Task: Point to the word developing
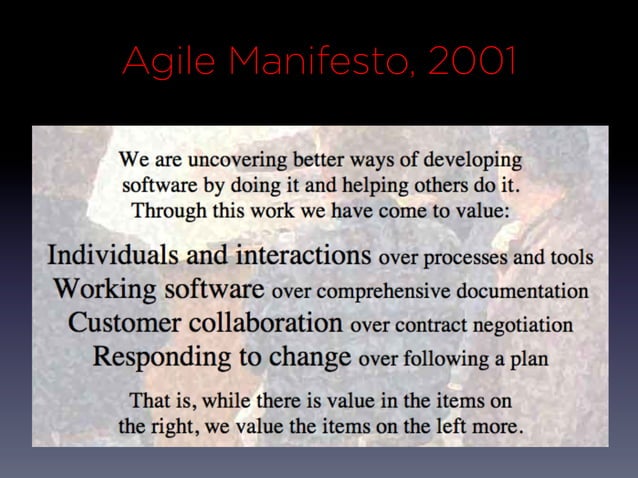click(473, 160)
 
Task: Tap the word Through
click(167, 211)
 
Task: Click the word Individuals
click(112, 255)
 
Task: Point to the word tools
click(571, 258)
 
